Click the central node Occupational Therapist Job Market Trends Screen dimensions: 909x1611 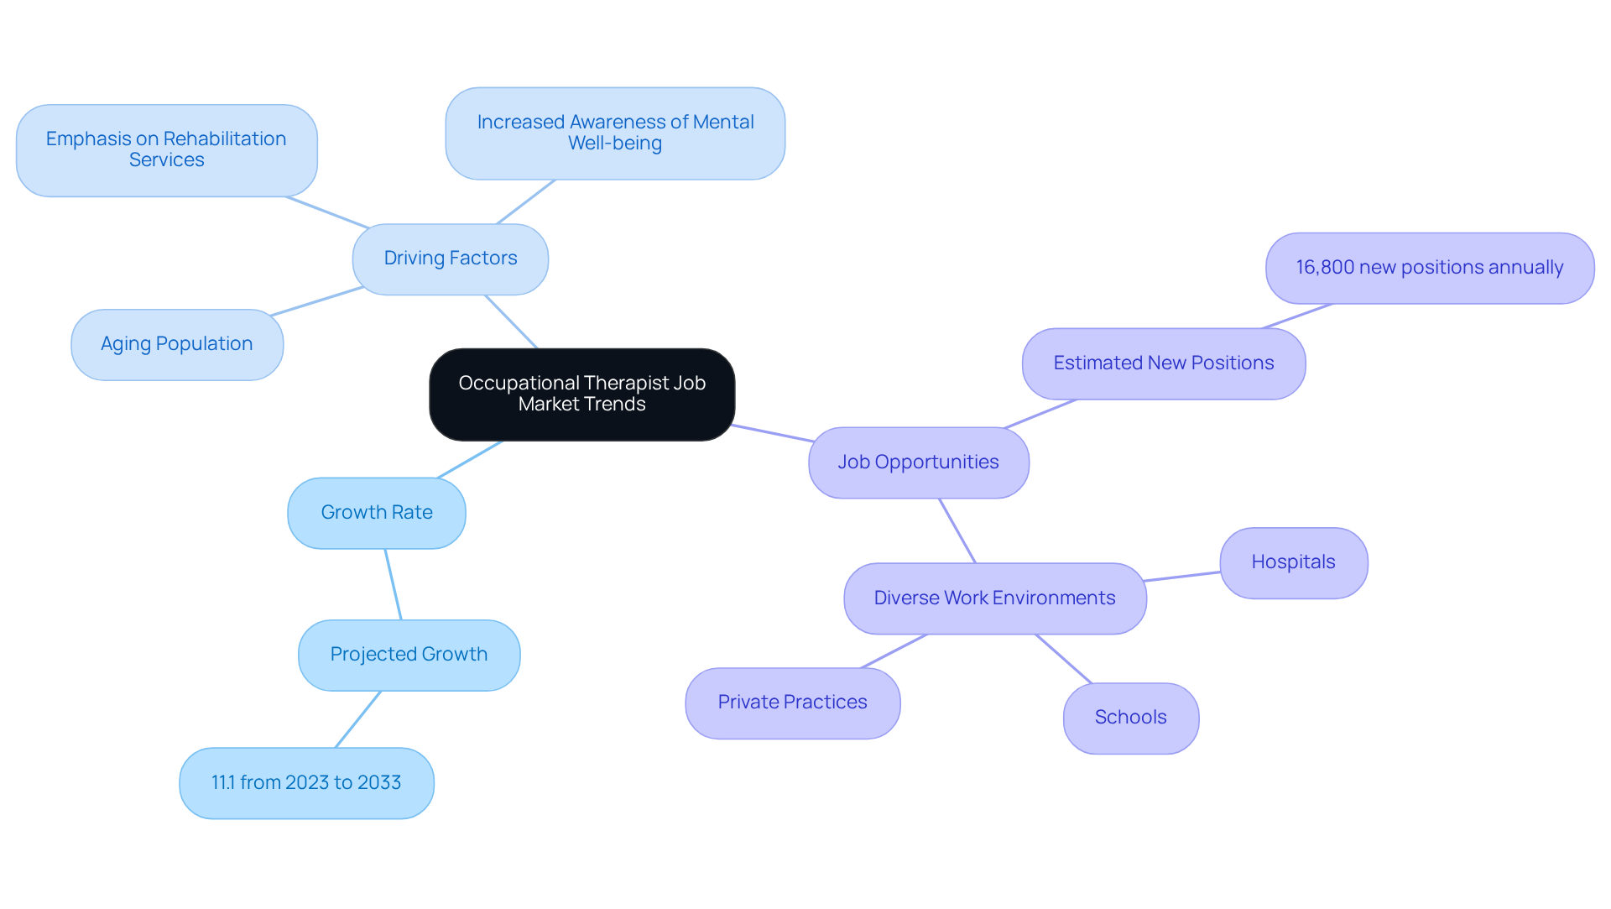point(581,394)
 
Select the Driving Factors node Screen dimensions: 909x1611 point(450,259)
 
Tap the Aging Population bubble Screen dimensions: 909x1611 point(176,344)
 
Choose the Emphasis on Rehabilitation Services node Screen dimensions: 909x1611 point(166,150)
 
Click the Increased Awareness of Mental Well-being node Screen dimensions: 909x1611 point(614,133)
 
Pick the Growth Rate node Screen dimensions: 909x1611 point(376,513)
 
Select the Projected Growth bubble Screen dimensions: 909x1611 point(409,655)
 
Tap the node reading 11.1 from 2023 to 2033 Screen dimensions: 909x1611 point(306,783)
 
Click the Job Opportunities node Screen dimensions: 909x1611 point(918,462)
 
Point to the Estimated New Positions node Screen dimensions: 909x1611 point(1163,363)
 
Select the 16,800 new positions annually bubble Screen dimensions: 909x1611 point(1429,268)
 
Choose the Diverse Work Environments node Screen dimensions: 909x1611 point(994,598)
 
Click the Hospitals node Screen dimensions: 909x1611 point(1293,562)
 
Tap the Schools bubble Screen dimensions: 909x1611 point(1130,718)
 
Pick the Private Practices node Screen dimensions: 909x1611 point(792,703)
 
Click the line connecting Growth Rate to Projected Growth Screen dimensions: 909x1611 point(393,584)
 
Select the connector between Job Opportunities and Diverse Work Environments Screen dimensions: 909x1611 point(957,530)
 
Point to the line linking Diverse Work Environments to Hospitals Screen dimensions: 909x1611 point(1182,576)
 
